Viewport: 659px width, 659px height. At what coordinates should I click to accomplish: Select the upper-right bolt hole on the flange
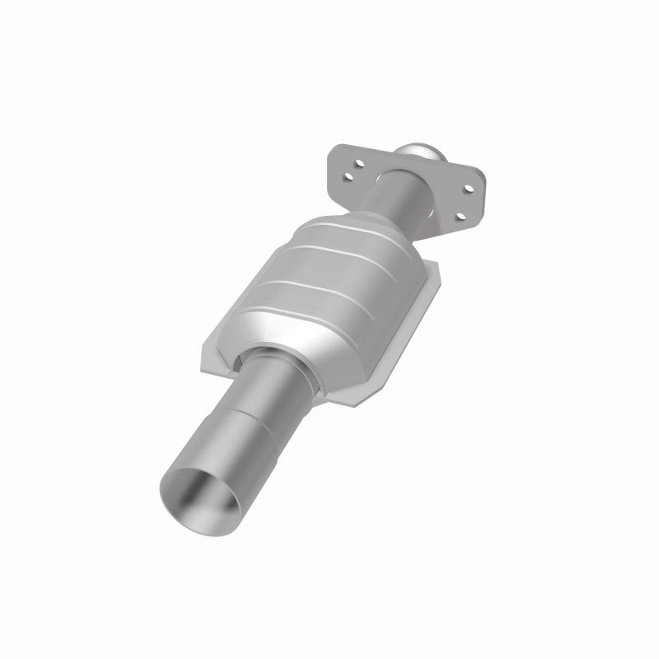[469, 189]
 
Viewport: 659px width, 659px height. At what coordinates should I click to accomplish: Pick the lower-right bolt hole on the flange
[461, 217]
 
